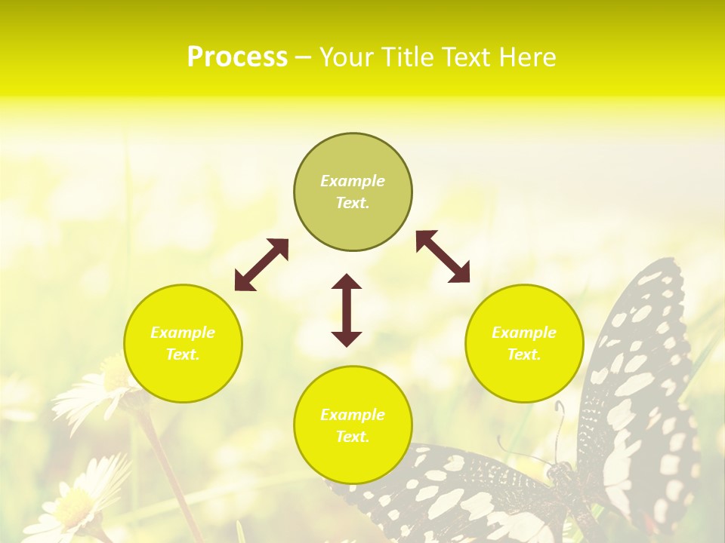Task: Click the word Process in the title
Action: [237, 57]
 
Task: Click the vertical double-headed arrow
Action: [347, 310]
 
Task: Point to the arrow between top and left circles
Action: [261, 265]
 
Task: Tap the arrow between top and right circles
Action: [443, 256]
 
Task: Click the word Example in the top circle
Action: [353, 181]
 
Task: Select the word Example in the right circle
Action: [524, 333]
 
